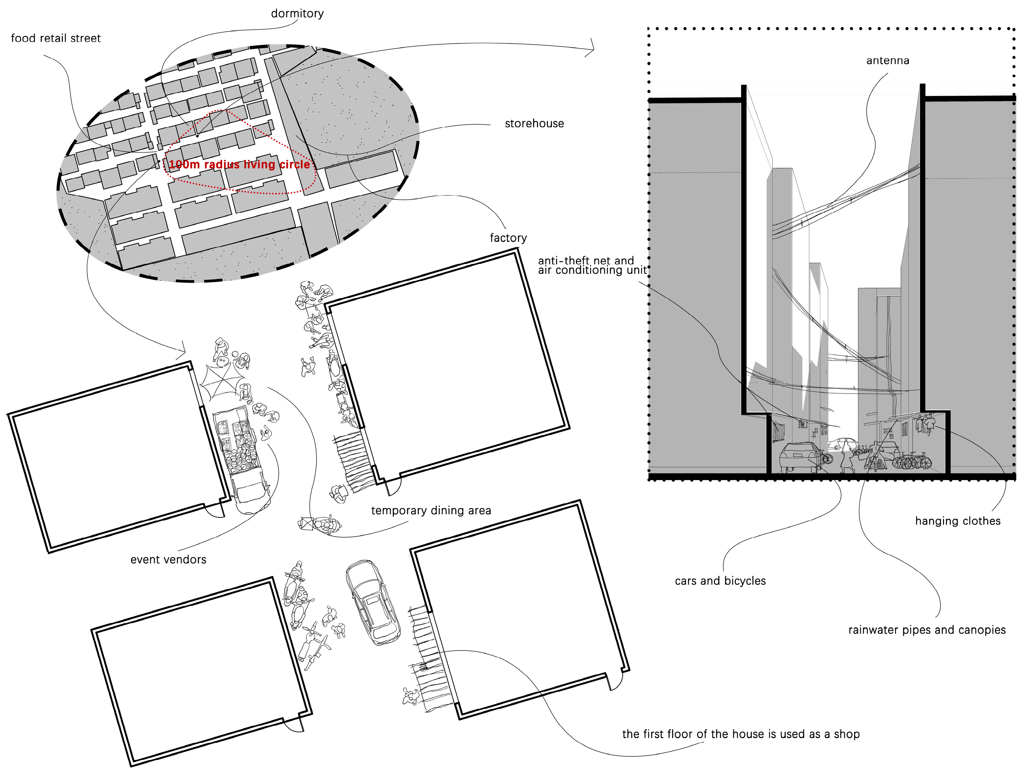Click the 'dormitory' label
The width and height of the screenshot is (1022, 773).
(297, 14)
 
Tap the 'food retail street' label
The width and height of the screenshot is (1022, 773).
(56, 38)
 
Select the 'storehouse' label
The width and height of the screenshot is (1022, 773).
(534, 124)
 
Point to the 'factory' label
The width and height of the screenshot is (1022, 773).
(508, 238)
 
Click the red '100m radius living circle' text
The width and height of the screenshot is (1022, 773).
(239, 164)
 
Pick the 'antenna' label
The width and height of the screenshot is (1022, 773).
(888, 60)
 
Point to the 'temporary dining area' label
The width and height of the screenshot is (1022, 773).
(431, 511)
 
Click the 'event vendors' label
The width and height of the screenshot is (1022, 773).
(168, 560)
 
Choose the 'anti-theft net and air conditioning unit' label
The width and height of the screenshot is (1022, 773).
(592, 266)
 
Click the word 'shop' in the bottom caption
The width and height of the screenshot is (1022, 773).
(846, 734)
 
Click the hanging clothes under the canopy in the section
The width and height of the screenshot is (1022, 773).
(926, 424)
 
